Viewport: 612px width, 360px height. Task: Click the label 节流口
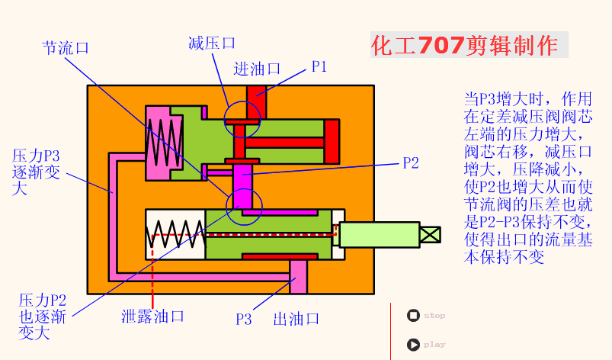[65, 47]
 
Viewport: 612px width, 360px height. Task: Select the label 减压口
[211, 43]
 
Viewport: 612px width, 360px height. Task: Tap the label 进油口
[258, 69]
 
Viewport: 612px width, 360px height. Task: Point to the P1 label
[319, 66]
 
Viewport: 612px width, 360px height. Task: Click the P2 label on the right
[411, 162]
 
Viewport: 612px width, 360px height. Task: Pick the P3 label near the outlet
[243, 319]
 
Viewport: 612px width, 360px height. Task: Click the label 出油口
[296, 319]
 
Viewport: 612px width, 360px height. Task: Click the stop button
[413, 315]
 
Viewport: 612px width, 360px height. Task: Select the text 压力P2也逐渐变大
[43, 316]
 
